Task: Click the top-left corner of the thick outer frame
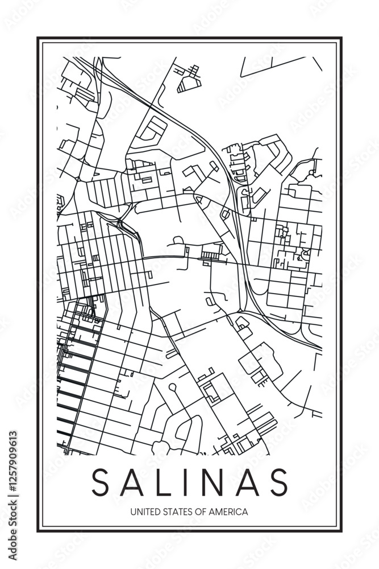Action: click(x=38, y=38)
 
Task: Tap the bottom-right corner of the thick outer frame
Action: click(x=341, y=531)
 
